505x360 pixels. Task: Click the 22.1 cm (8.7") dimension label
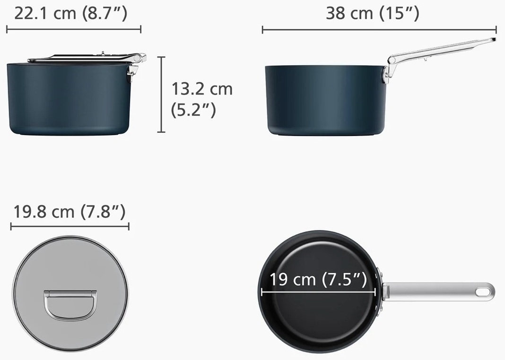click(x=71, y=14)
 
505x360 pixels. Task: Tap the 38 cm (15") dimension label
click(x=373, y=14)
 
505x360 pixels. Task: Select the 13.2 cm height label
click(x=201, y=89)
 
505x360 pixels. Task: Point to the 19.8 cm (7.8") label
click(x=69, y=212)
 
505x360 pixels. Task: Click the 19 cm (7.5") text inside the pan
click(x=318, y=279)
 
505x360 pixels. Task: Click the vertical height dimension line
click(x=161, y=94)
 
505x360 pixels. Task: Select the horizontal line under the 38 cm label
click(x=379, y=30)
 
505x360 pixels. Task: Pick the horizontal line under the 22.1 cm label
click(x=73, y=29)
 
